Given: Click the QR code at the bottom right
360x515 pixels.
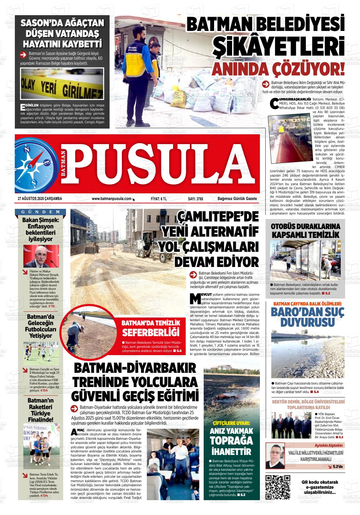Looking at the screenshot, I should (278, 487).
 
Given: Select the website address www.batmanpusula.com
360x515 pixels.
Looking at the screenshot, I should (111, 198).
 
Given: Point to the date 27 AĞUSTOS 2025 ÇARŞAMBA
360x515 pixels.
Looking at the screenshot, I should (40, 198).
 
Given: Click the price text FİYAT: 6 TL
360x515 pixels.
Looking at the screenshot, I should (159, 198).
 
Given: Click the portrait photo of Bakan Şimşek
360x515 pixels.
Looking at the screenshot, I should (41, 256).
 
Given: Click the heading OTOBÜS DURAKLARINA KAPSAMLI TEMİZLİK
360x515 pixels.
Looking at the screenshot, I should (305, 230).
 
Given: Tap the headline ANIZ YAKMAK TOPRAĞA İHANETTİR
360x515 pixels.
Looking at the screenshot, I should (231, 441).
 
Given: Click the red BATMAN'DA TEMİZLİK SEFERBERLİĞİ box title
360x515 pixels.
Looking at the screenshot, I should (151, 328).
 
